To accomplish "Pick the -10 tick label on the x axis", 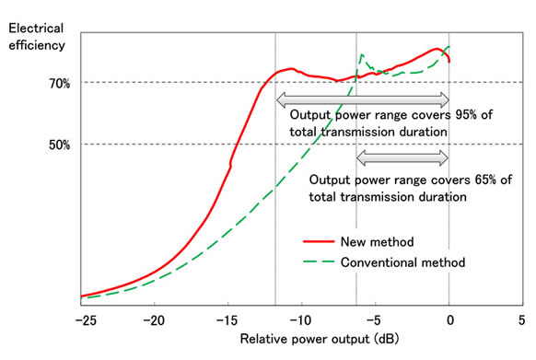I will tap(301, 319).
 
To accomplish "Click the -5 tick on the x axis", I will tap(375, 319).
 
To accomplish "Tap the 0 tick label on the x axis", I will tap(449, 319).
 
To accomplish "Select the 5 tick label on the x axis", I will tap(522, 319).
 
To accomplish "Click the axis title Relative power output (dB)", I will tap(302, 340).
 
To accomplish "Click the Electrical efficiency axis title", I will tap(38, 35).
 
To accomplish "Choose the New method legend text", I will tap(378, 242).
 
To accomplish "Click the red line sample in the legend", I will tap(320, 242).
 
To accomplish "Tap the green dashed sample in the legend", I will tap(320, 262).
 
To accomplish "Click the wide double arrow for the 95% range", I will tap(362, 98).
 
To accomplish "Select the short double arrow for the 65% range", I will tap(402, 157).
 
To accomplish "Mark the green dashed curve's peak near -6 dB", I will tap(362, 55).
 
